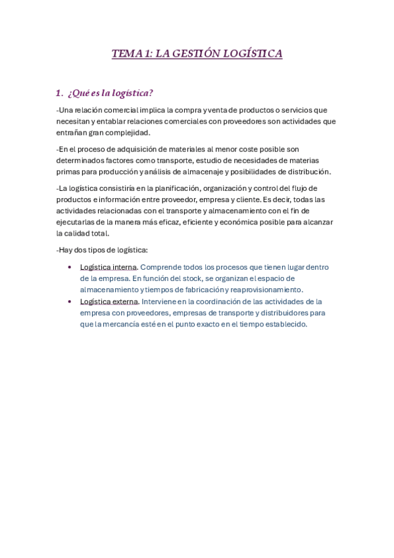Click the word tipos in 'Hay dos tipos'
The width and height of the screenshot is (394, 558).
(x=99, y=250)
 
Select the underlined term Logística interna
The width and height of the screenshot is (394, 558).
(x=108, y=267)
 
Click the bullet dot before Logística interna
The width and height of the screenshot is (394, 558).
(x=70, y=268)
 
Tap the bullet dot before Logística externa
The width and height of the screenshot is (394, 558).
(x=70, y=301)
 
